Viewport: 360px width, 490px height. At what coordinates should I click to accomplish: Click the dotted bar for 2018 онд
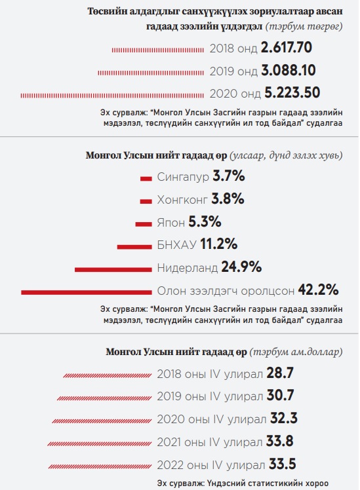pyautogui.click(x=158, y=50)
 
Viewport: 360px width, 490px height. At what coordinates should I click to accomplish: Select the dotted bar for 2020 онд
pyautogui.click(x=112, y=95)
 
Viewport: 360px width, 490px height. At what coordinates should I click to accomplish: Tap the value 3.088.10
pyautogui.click(x=289, y=70)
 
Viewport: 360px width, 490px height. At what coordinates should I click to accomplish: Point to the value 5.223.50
pyautogui.click(x=292, y=93)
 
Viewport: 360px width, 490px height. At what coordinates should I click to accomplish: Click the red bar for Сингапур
pyautogui.click(x=146, y=179)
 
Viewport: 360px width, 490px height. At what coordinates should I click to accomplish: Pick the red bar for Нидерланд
pyautogui.click(x=113, y=270)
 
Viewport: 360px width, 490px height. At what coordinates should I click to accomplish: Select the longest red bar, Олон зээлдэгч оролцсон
pyautogui.click(x=87, y=293)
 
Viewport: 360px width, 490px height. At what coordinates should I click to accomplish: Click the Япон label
pyautogui.click(x=170, y=223)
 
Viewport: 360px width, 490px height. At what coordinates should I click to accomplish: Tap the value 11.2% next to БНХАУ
pyautogui.click(x=218, y=244)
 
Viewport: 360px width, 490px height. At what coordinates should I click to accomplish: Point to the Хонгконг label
pyautogui.click(x=182, y=200)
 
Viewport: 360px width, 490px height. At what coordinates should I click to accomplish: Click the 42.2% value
pyautogui.click(x=318, y=290)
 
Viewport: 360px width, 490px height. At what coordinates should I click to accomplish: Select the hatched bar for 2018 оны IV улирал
pyautogui.click(x=108, y=375)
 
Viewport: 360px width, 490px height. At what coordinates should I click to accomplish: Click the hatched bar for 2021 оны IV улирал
pyautogui.click(x=100, y=443)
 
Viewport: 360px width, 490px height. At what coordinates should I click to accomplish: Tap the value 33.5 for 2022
pyautogui.click(x=283, y=464)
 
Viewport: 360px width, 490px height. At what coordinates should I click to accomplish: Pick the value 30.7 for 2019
pyautogui.click(x=280, y=396)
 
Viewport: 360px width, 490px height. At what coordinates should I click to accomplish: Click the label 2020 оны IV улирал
pyautogui.click(x=212, y=419)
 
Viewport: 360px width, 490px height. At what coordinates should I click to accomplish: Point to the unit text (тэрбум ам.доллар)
pyautogui.click(x=296, y=352)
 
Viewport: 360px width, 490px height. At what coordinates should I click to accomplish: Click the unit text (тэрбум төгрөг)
pyautogui.click(x=304, y=27)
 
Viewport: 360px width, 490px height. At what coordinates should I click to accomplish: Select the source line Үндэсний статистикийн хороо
pyautogui.click(x=243, y=483)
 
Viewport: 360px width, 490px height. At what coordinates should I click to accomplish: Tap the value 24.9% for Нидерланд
pyautogui.click(x=241, y=267)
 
